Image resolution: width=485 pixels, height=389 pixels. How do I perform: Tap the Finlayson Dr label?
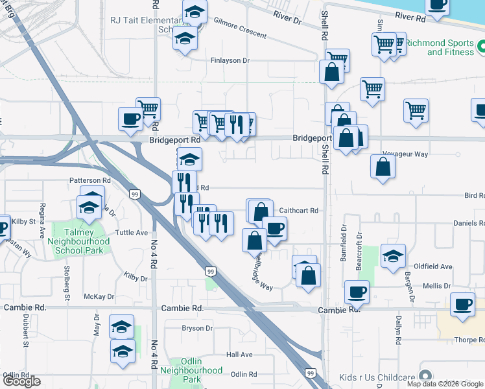(x=230, y=60)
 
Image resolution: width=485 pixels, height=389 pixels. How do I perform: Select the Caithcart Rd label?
(x=299, y=211)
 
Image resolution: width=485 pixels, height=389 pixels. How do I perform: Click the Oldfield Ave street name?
(x=433, y=266)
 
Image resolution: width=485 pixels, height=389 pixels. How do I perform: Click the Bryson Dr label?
(x=197, y=328)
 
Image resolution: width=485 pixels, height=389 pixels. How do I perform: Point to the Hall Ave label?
(x=239, y=355)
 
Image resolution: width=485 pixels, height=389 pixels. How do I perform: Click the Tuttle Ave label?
(x=132, y=232)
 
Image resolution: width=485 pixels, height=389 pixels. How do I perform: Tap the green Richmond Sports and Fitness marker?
(x=481, y=47)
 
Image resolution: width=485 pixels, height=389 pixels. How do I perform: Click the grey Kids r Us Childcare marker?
(x=425, y=376)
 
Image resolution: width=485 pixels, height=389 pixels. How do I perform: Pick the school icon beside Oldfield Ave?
(x=392, y=255)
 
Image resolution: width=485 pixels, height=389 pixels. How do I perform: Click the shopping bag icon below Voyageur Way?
(x=383, y=166)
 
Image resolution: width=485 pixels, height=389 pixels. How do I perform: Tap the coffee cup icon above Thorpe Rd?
(x=463, y=304)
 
